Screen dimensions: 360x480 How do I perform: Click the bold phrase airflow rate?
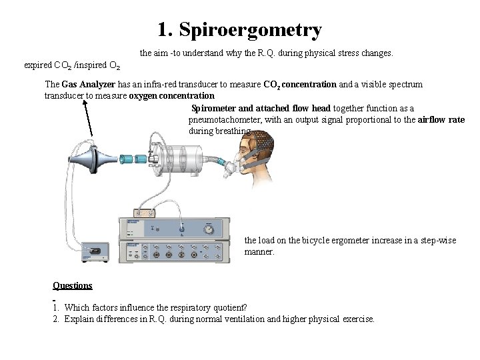point(441,119)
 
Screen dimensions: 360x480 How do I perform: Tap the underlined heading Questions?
point(72,285)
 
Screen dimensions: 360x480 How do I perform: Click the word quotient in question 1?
point(223,307)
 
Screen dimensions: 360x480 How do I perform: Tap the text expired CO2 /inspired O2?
point(72,65)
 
